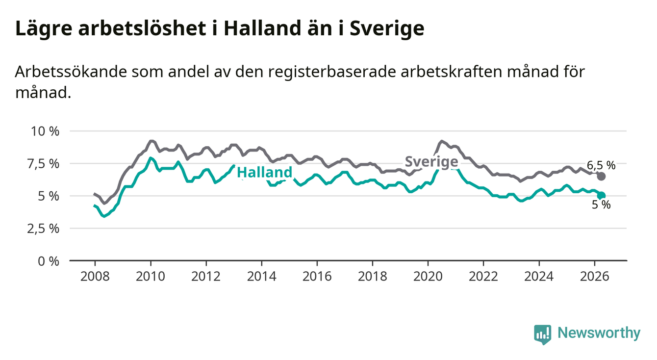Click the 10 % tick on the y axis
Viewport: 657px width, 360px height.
pyautogui.click(x=45, y=131)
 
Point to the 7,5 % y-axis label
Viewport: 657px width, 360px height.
pyautogui.click(x=43, y=164)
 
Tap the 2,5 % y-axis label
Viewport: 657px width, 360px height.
pyautogui.click(x=43, y=229)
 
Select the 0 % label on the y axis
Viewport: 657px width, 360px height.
pyautogui.click(x=49, y=261)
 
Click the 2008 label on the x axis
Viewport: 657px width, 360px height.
pyautogui.click(x=95, y=277)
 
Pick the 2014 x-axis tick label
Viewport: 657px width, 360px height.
pyautogui.click(x=261, y=277)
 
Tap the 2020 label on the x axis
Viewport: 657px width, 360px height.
pyautogui.click(x=428, y=277)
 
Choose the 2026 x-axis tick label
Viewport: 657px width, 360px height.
pyautogui.click(x=595, y=277)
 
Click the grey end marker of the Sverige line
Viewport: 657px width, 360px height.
pyautogui.click(x=601, y=177)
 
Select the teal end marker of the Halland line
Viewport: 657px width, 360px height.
pyautogui.click(x=601, y=195)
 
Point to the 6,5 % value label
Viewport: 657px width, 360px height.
pyautogui.click(x=601, y=165)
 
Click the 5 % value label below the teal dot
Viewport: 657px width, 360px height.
pyautogui.click(x=601, y=205)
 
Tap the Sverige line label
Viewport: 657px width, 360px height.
pyautogui.click(x=431, y=162)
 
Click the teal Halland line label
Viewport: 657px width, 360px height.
pyautogui.click(x=265, y=172)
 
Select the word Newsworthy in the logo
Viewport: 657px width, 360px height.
pyautogui.click(x=599, y=333)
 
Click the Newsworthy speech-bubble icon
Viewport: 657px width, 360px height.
pyautogui.click(x=543, y=334)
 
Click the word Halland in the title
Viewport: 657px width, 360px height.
pyautogui.click(x=262, y=28)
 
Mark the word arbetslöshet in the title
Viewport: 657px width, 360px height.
pyautogui.click(x=142, y=28)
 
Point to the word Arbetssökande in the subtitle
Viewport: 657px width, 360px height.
pyautogui.click(x=71, y=72)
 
